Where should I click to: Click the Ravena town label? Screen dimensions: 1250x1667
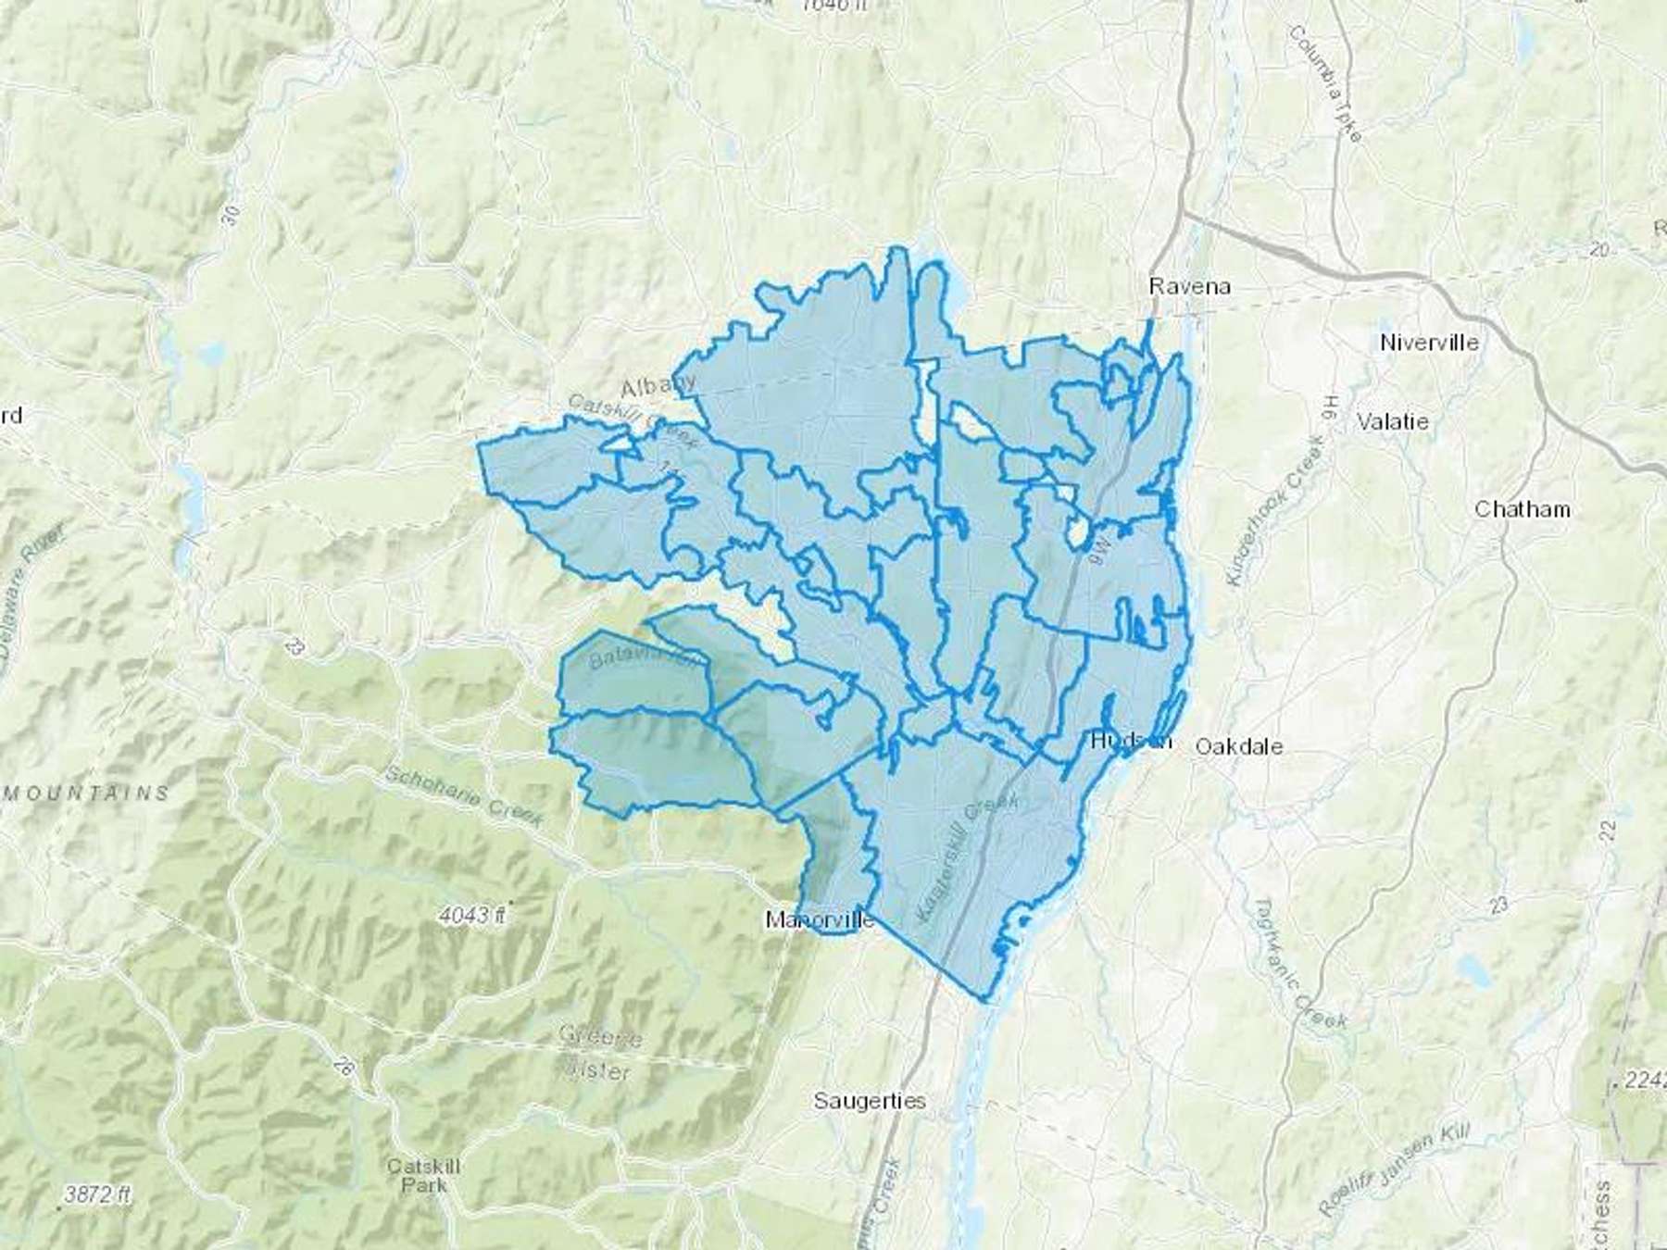(1189, 286)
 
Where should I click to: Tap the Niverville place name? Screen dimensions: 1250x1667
(1428, 343)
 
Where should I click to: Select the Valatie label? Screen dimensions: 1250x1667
(1392, 421)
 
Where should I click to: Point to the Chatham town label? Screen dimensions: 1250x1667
(1522, 509)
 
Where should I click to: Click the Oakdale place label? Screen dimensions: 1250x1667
(1239, 746)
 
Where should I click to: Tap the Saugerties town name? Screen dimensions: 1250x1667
(869, 1101)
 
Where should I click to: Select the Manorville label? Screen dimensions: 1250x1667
(819, 920)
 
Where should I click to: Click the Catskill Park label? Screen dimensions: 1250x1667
(423, 1175)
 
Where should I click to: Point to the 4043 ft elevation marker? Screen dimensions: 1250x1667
(472, 916)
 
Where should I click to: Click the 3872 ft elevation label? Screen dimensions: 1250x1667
(96, 1194)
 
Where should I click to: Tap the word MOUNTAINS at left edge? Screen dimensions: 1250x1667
(88, 794)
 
